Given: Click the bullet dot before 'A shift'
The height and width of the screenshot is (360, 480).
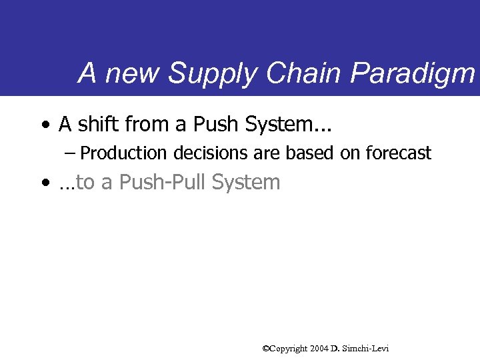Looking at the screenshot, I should point(44,125).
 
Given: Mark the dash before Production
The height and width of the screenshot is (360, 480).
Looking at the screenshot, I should point(71,153).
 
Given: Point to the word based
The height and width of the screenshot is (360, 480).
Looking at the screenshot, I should point(307,153).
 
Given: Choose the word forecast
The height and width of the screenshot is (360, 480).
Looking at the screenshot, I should point(398,153).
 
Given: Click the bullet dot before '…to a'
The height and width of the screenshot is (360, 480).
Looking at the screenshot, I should point(44,183).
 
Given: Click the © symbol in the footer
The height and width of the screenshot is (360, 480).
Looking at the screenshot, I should point(266,348).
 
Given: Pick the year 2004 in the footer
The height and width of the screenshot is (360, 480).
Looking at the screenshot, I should point(317,348).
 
